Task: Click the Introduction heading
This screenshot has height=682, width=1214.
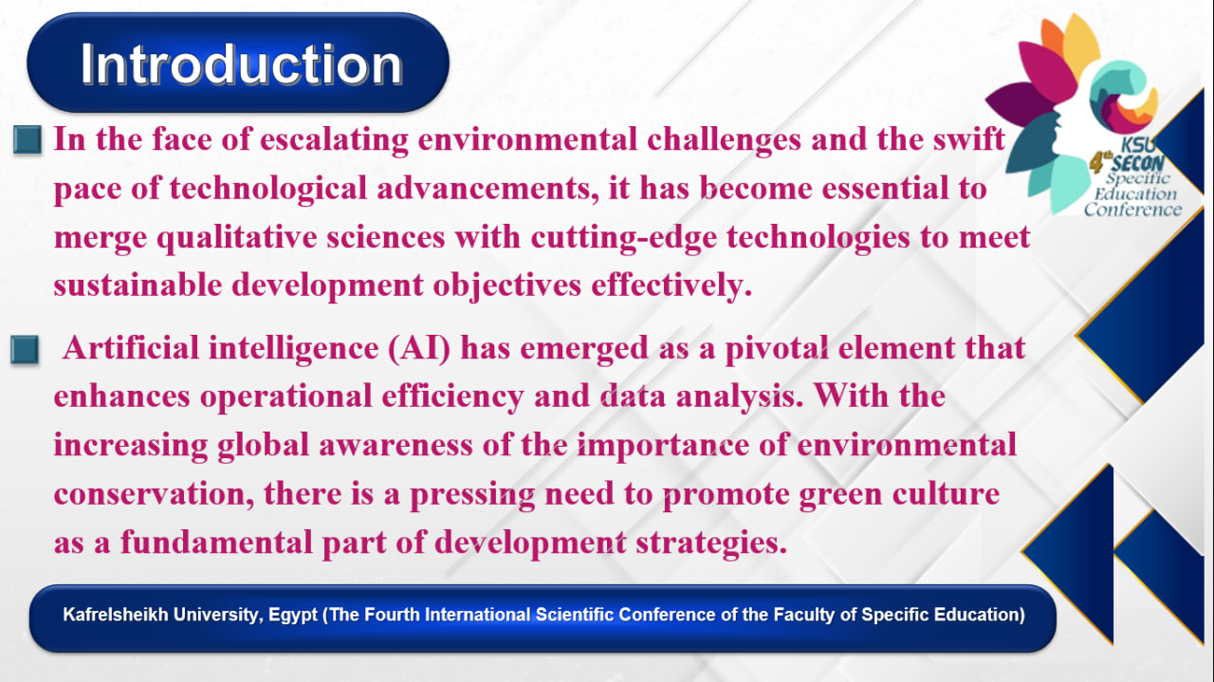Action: coord(241,65)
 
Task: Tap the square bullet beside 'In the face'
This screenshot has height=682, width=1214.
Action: coord(28,139)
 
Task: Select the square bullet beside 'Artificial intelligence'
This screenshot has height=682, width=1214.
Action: coord(25,349)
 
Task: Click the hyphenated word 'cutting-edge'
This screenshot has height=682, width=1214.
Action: coord(624,238)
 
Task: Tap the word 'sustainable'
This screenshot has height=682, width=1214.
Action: coord(138,286)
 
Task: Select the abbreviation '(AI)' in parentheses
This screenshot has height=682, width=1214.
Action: coord(419,348)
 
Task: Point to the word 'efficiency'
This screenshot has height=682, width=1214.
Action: coord(452,397)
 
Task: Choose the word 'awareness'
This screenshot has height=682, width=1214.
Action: coord(395,445)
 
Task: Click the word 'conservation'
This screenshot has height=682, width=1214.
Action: coord(154,494)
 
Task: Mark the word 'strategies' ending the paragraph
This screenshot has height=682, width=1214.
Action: coord(710,543)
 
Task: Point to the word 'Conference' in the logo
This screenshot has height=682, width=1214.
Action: coord(1132,210)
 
